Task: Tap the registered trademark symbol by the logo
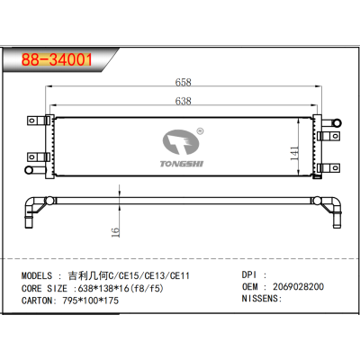(200, 130)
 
